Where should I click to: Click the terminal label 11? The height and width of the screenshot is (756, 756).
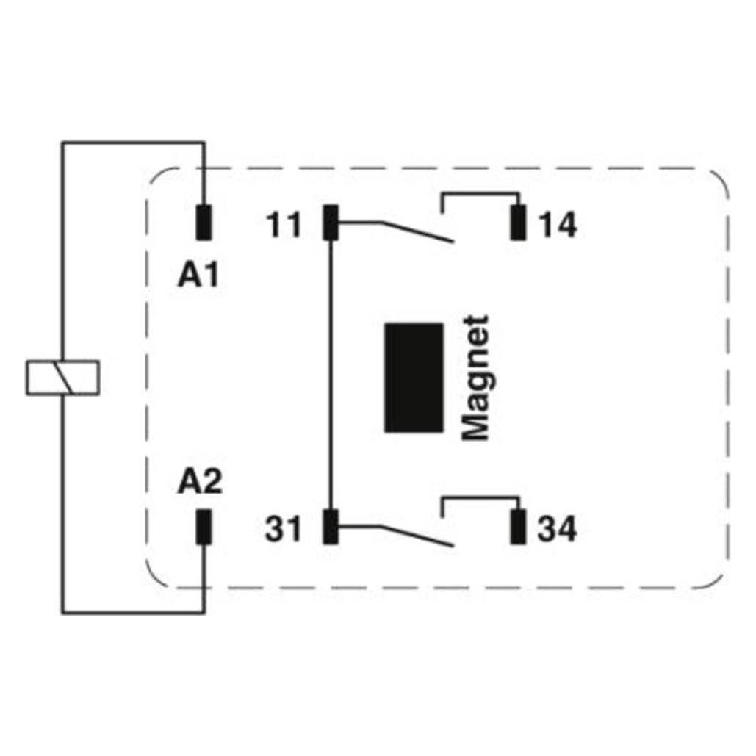point(284,225)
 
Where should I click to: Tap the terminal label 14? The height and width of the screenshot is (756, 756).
point(558,225)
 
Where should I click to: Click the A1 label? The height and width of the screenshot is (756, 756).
point(198,276)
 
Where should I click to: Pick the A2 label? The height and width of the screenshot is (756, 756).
point(200,482)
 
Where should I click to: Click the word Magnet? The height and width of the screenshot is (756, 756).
point(475,378)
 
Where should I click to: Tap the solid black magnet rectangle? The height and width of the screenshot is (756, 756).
point(414,378)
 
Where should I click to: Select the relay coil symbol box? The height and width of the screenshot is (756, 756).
point(62,378)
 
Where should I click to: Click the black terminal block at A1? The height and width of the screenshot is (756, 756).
point(204,223)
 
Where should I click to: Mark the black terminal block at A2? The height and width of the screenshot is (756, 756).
point(204,527)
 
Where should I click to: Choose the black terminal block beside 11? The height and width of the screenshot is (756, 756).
point(331,223)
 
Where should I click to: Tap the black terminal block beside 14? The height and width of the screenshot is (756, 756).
point(518,223)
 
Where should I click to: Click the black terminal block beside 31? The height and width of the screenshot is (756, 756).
point(331,527)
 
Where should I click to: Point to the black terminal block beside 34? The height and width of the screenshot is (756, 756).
point(518,527)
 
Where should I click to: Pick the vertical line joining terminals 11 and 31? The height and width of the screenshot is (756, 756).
point(331,375)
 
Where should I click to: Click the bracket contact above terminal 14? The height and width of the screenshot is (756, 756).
point(480,194)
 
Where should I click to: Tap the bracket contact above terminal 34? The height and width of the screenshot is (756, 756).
point(480,497)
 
